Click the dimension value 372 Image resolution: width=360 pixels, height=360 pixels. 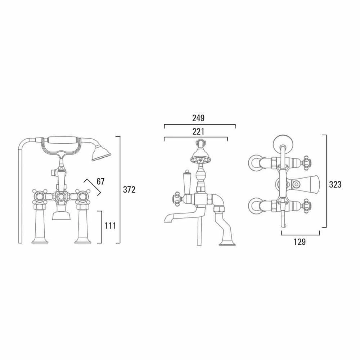click(x=129, y=190)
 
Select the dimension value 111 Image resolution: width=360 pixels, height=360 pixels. click(x=110, y=226)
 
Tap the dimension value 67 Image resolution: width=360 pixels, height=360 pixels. click(x=100, y=181)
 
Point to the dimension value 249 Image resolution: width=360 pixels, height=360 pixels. click(x=198, y=118)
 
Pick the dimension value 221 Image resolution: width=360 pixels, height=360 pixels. click(x=198, y=132)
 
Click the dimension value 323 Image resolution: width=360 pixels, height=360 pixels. click(x=335, y=185)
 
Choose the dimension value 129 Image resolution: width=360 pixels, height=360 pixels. click(x=300, y=242)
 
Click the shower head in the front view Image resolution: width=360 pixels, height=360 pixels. click(x=101, y=153)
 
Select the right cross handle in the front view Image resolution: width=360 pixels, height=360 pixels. click(x=83, y=197)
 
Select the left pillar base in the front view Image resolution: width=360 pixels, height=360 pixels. click(x=40, y=240)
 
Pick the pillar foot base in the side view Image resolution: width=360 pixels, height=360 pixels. click(x=227, y=243)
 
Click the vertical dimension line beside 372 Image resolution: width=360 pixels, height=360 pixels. click(x=120, y=190)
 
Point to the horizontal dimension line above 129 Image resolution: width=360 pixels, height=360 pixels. click(x=300, y=235)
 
